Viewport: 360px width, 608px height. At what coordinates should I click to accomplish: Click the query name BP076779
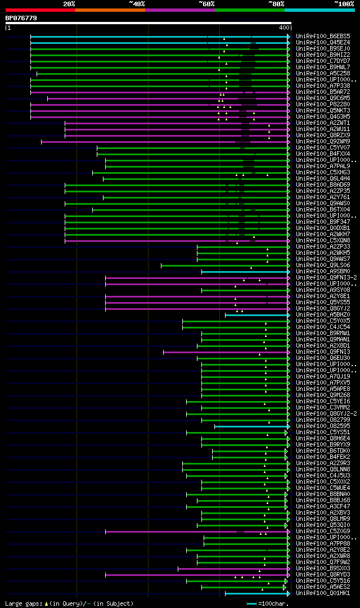click(21, 18)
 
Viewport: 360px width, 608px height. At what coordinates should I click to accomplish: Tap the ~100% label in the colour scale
click(344, 3)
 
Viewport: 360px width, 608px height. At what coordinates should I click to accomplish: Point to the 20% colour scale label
click(69, 3)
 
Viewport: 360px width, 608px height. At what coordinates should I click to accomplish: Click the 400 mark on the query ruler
click(283, 28)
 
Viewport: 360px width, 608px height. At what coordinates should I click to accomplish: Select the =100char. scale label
click(275, 604)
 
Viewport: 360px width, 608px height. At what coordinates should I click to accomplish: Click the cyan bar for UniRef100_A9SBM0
click(244, 272)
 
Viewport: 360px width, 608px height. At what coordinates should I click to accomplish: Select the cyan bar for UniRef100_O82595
click(250, 426)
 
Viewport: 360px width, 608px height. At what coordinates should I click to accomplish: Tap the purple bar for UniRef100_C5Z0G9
click(169, 532)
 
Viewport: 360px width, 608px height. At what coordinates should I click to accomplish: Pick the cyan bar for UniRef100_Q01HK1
click(256, 593)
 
